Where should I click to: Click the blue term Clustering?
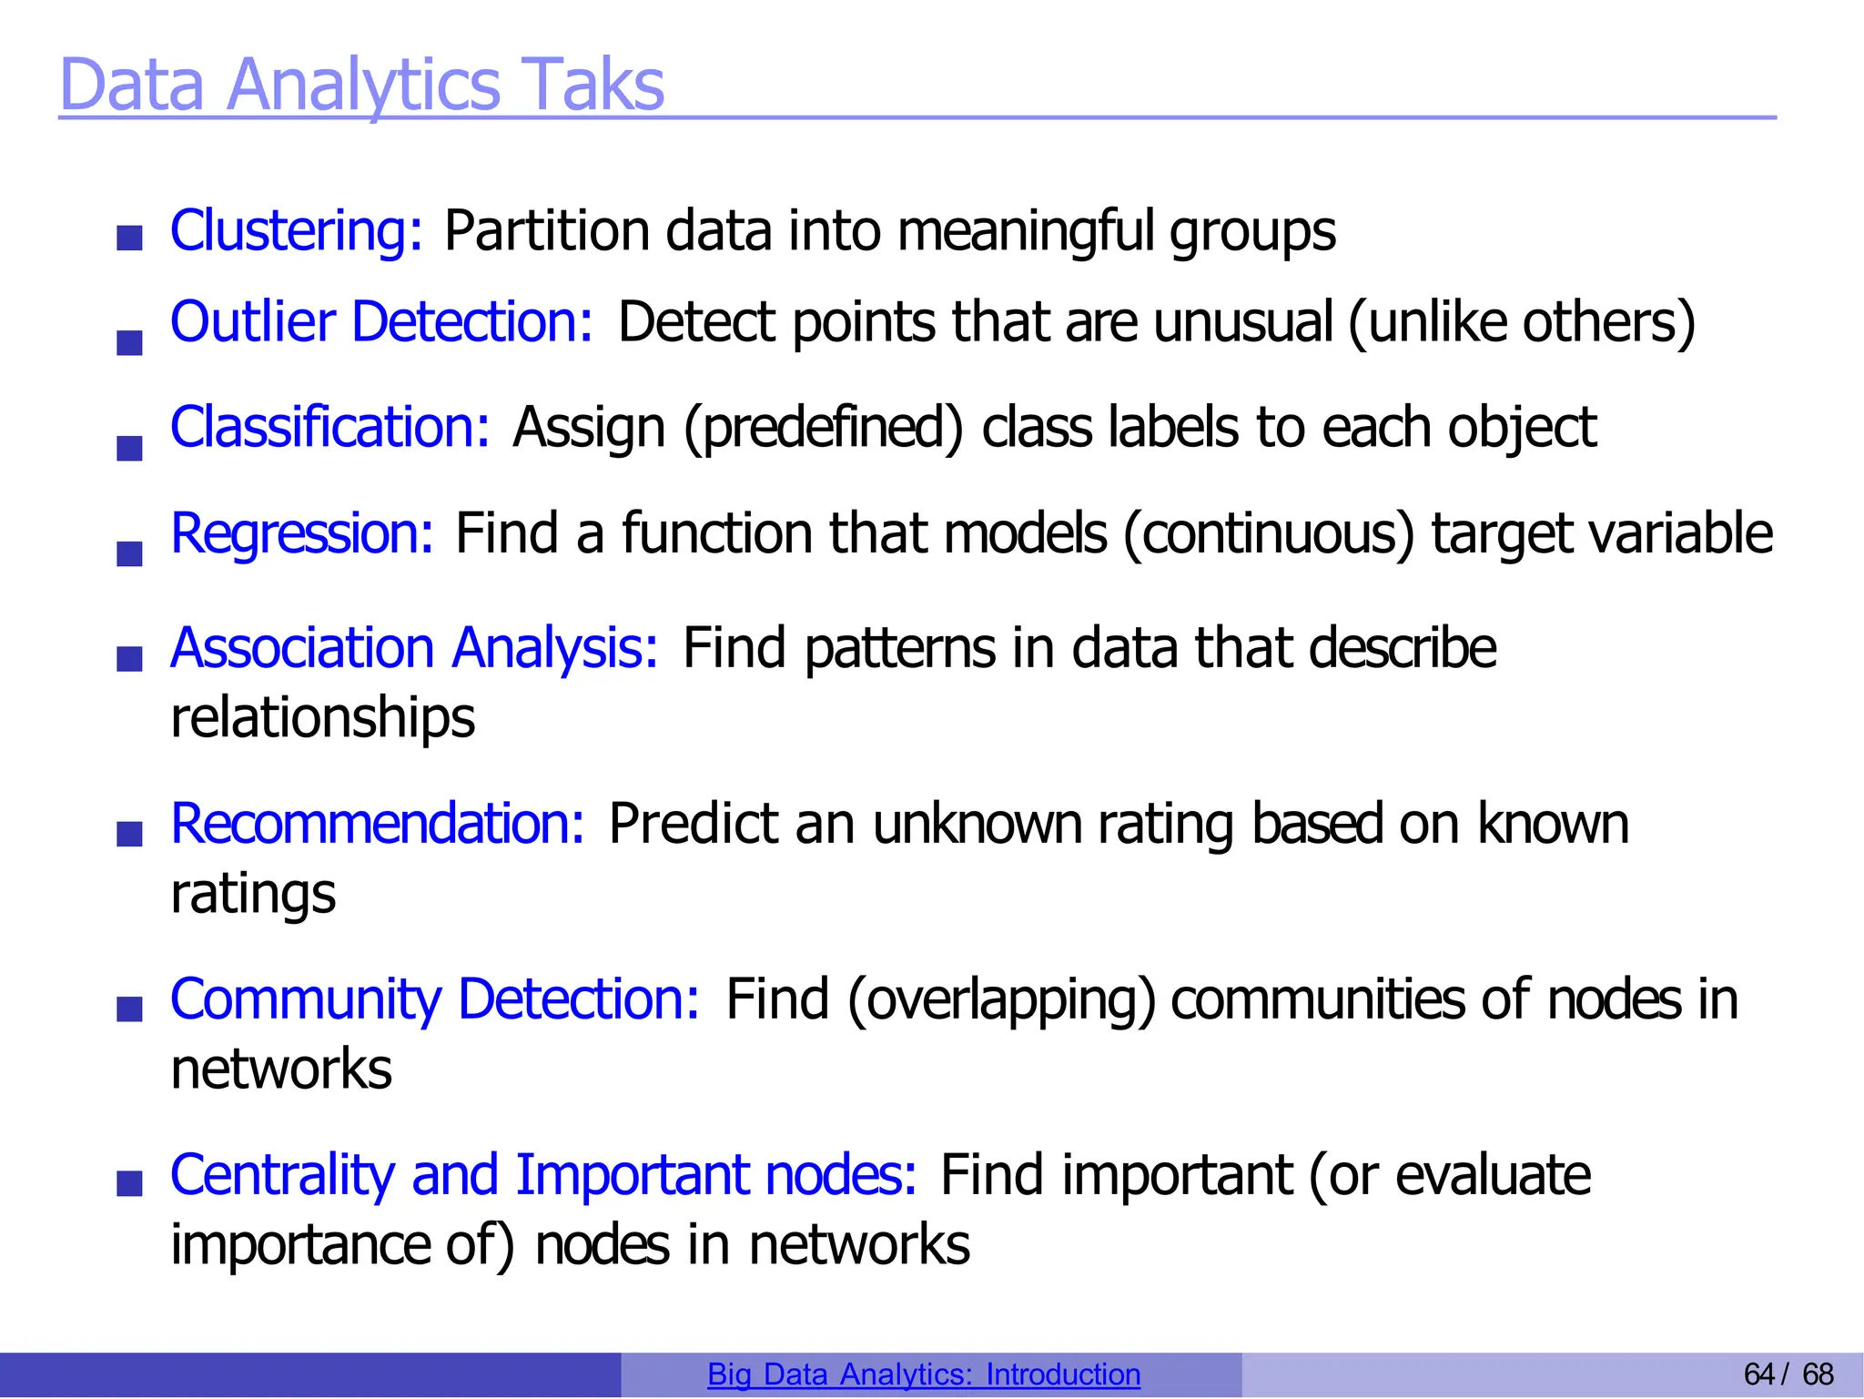coord(297,230)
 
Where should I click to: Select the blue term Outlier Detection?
coord(381,322)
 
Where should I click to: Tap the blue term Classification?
coord(330,427)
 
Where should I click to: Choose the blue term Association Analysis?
coord(414,648)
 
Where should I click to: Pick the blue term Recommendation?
coord(378,824)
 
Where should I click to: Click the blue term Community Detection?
coord(435,999)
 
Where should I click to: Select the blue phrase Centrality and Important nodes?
coord(543,1175)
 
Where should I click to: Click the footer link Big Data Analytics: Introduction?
coord(924,1374)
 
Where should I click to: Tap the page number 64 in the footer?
coord(1759,1374)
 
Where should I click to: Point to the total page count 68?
coord(1818,1374)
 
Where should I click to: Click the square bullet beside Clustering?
coord(130,238)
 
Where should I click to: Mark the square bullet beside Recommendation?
coord(130,834)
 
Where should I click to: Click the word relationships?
coord(323,718)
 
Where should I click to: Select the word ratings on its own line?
coord(253,894)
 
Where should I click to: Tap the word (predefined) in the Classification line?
coord(823,428)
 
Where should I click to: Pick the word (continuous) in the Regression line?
coord(1269,533)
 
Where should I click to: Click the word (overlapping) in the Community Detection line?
coord(1001,1000)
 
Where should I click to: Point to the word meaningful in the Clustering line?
coord(1026,231)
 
